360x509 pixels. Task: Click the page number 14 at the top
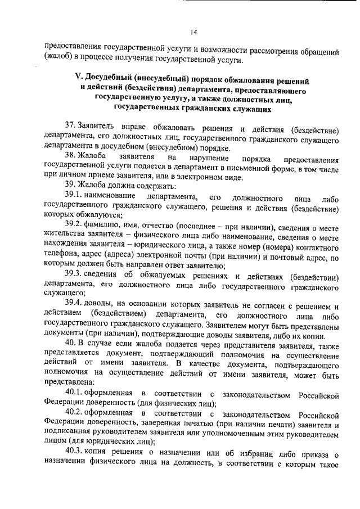point(193,32)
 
